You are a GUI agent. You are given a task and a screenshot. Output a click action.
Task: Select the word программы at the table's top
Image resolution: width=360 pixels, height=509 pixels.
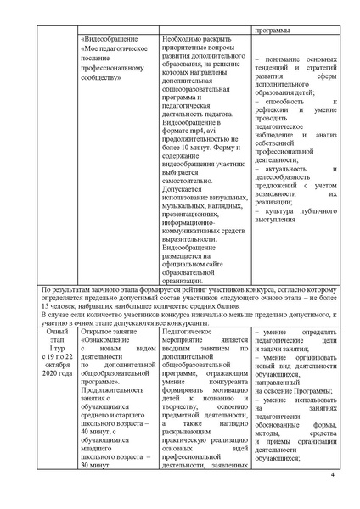coord(270,31)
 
